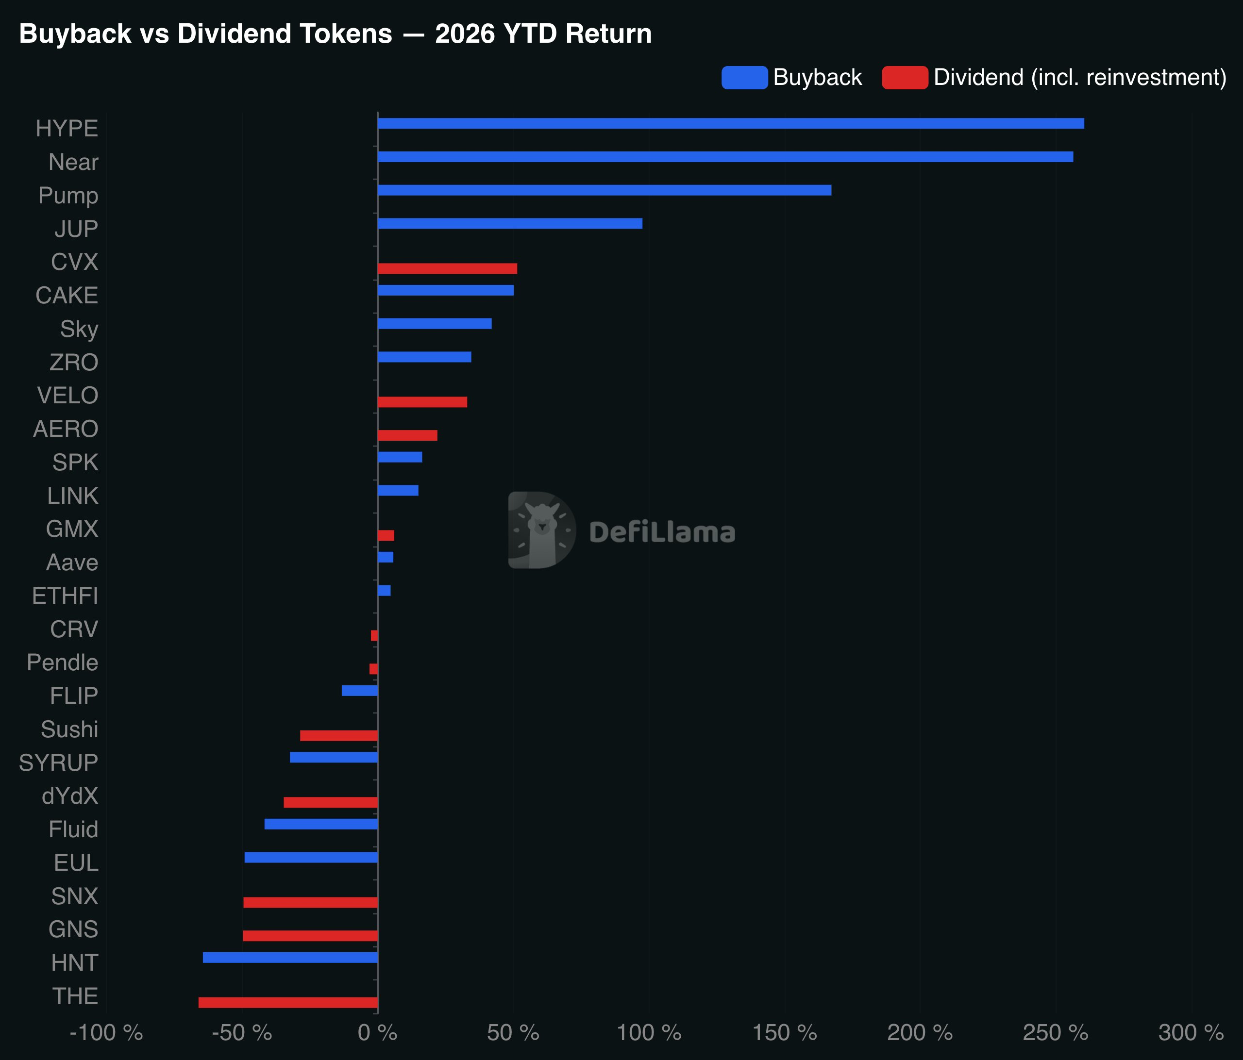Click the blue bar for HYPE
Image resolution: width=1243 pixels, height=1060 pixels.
pos(731,123)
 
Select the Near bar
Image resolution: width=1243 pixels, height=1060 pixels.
pos(725,157)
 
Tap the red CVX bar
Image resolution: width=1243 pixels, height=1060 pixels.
pos(448,268)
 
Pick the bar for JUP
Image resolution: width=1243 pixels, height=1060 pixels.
pos(510,224)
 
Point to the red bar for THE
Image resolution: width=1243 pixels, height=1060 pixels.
pos(288,1002)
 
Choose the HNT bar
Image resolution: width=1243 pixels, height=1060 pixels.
pos(290,958)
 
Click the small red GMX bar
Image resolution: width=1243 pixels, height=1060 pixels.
pos(386,535)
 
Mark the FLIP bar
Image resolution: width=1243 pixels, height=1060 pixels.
pos(359,691)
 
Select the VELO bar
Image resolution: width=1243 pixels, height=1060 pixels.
pos(422,402)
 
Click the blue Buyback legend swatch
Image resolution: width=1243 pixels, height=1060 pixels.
pos(744,77)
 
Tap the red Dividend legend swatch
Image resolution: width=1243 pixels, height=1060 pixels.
pos(905,77)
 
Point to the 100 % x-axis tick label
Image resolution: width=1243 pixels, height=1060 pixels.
pos(649,1032)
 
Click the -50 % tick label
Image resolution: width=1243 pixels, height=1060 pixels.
pos(242,1032)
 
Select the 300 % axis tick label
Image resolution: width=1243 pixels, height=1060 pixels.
pos(1191,1032)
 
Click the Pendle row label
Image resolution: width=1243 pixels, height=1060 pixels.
pos(62,662)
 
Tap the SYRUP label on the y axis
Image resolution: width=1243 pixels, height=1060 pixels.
pos(58,762)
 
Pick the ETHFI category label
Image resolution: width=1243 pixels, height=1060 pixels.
pos(65,596)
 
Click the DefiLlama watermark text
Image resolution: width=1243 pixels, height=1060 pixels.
pos(662,532)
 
